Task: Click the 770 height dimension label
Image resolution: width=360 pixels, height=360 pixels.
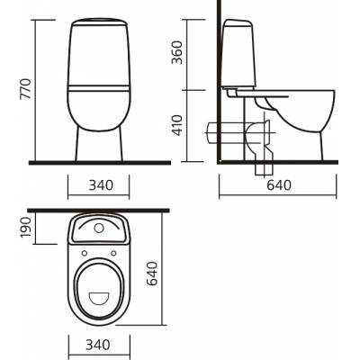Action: (x=25, y=89)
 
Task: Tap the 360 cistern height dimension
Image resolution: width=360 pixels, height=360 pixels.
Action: (x=177, y=53)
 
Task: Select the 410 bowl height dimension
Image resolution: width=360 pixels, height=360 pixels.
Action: (x=177, y=125)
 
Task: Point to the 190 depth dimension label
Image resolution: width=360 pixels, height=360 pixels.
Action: (x=26, y=228)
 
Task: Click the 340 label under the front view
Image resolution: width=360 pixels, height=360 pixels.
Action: (x=101, y=185)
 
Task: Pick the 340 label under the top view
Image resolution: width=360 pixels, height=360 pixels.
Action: (x=98, y=345)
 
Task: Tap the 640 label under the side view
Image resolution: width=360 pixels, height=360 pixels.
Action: (x=279, y=185)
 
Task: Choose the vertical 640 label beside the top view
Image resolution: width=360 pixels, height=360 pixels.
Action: (x=152, y=274)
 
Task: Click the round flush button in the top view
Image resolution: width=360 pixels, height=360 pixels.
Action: (x=99, y=229)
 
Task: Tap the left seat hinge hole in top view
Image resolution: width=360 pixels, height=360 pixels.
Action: (x=85, y=254)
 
